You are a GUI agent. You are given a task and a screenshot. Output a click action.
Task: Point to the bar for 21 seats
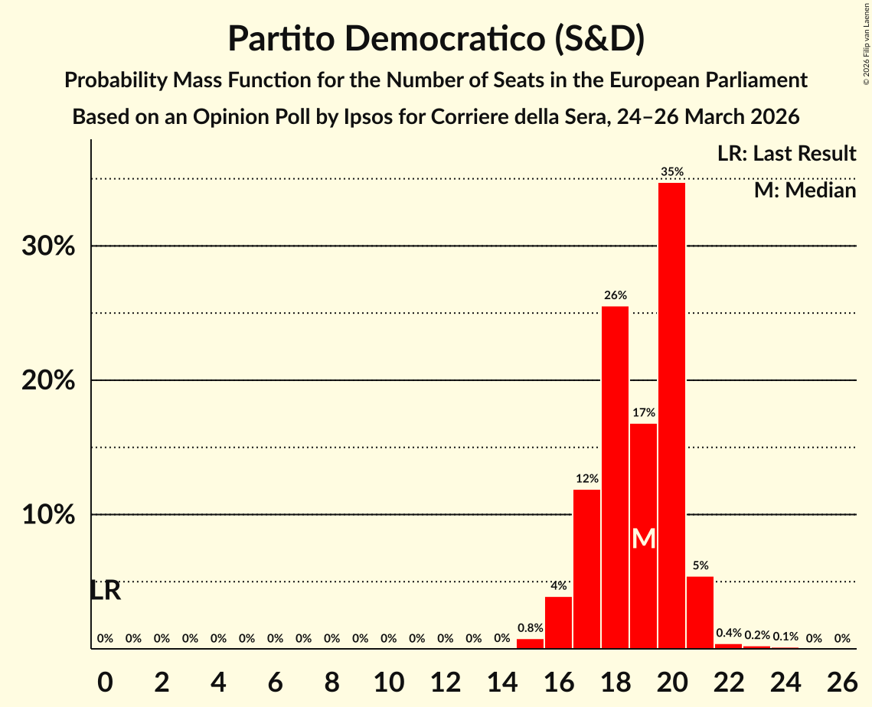701,612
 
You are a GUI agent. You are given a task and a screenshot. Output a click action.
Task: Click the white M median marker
644,539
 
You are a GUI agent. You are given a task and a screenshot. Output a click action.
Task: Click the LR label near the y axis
106,591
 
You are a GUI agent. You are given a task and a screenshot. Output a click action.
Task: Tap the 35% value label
672,172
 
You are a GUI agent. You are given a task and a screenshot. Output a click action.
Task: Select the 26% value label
616,295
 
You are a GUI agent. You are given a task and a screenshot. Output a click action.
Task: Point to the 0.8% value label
530,628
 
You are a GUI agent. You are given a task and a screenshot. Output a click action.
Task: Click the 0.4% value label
729,634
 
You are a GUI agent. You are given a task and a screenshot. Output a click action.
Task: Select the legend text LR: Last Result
786,154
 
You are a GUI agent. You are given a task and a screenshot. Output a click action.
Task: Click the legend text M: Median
805,191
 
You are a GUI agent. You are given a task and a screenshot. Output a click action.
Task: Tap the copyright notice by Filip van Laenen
866,43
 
